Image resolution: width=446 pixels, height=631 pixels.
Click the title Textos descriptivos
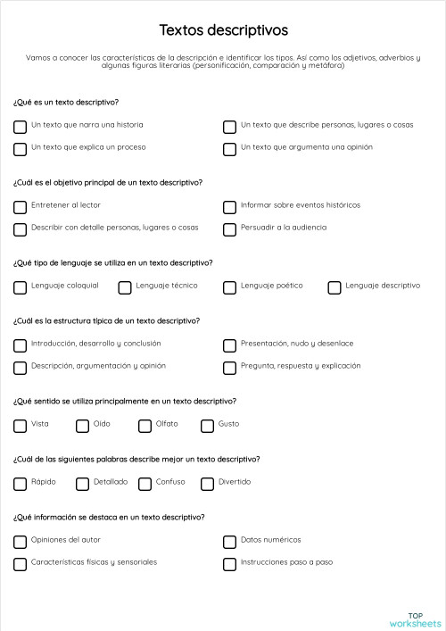point(223,30)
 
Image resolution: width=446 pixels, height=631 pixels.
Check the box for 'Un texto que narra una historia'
point(20,126)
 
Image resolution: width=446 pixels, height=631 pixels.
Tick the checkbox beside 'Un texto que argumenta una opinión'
point(229,148)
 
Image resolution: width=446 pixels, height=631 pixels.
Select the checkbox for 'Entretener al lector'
point(20,206)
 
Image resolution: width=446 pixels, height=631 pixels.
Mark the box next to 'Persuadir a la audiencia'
point(229,228)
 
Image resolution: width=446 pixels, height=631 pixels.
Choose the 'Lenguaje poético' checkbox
point(229,286)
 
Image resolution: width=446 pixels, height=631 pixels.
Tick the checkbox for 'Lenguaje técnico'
point(125,286)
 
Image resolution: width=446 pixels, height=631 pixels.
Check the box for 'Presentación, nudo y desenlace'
point(229,345)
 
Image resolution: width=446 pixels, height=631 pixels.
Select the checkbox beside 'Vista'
point(20,425)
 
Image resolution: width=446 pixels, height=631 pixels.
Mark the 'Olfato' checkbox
point(145,425)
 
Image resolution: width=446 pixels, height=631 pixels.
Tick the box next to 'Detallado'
point(82,483)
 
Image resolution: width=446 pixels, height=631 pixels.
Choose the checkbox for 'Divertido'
point(207,483)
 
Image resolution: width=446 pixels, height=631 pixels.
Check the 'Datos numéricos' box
point(229,541)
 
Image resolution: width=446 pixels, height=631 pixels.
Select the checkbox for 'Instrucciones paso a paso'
point(229,563)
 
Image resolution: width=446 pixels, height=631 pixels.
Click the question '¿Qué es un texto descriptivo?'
point(66,103)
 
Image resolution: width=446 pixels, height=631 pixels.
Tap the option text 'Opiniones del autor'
point(66,540)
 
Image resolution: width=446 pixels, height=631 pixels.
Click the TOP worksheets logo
point(415,619)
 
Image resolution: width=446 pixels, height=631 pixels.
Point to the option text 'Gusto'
point(228,424)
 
